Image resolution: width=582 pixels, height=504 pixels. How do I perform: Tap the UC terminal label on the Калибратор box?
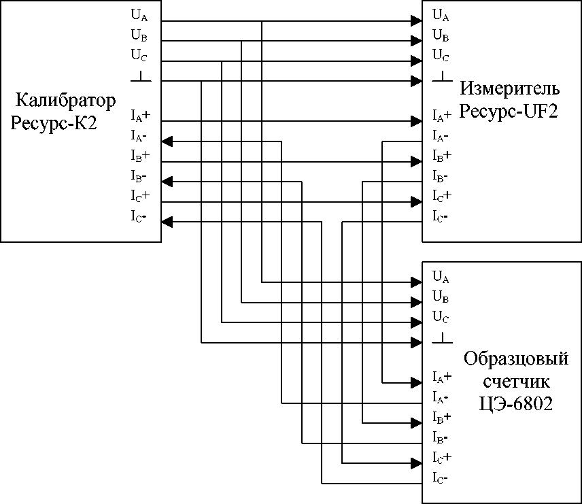(x=138, y=54)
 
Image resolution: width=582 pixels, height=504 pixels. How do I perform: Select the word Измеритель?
(x=510, y=89)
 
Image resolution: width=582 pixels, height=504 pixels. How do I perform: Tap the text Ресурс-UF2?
(x=509, y=111)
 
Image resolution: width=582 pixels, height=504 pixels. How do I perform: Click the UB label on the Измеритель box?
(x=441, y=35)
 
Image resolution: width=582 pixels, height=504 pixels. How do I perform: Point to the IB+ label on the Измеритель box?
(x=443, y=156)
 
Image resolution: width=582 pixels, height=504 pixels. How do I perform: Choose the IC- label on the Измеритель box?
(x=441, y=218)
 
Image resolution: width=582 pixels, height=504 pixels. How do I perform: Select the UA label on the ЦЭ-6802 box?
(x=441, y=277)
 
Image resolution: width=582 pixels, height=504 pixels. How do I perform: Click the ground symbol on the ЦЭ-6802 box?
(x=443, y=337)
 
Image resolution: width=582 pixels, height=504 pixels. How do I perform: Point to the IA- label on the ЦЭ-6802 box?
(x=441, y=396)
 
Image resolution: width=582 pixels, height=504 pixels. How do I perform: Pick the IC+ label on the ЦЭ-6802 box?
(x=443, y=456)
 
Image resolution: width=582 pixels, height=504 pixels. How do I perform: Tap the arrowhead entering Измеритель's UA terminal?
(x=415, y=20)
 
